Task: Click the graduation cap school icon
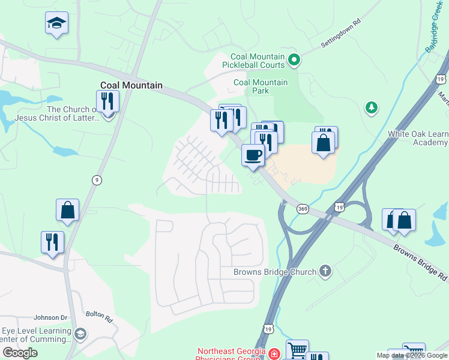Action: pos(57,23)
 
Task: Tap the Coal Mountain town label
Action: pos(131,85)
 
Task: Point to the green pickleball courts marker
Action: pos(294,59)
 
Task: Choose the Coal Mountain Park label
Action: pos(261,86)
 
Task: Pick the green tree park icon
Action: pos(372,107)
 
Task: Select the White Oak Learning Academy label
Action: pos(418,138)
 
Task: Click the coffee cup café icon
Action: pos(253,154)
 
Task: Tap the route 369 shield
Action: pos(303,208)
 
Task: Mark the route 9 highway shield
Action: pos(96,179)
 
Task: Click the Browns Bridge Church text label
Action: pos(275,272)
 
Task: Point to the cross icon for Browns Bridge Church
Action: pos(325,272)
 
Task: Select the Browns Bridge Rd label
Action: pos(420,262)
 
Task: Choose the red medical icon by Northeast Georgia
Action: pos(274,353)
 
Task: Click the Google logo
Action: pos(20,353)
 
